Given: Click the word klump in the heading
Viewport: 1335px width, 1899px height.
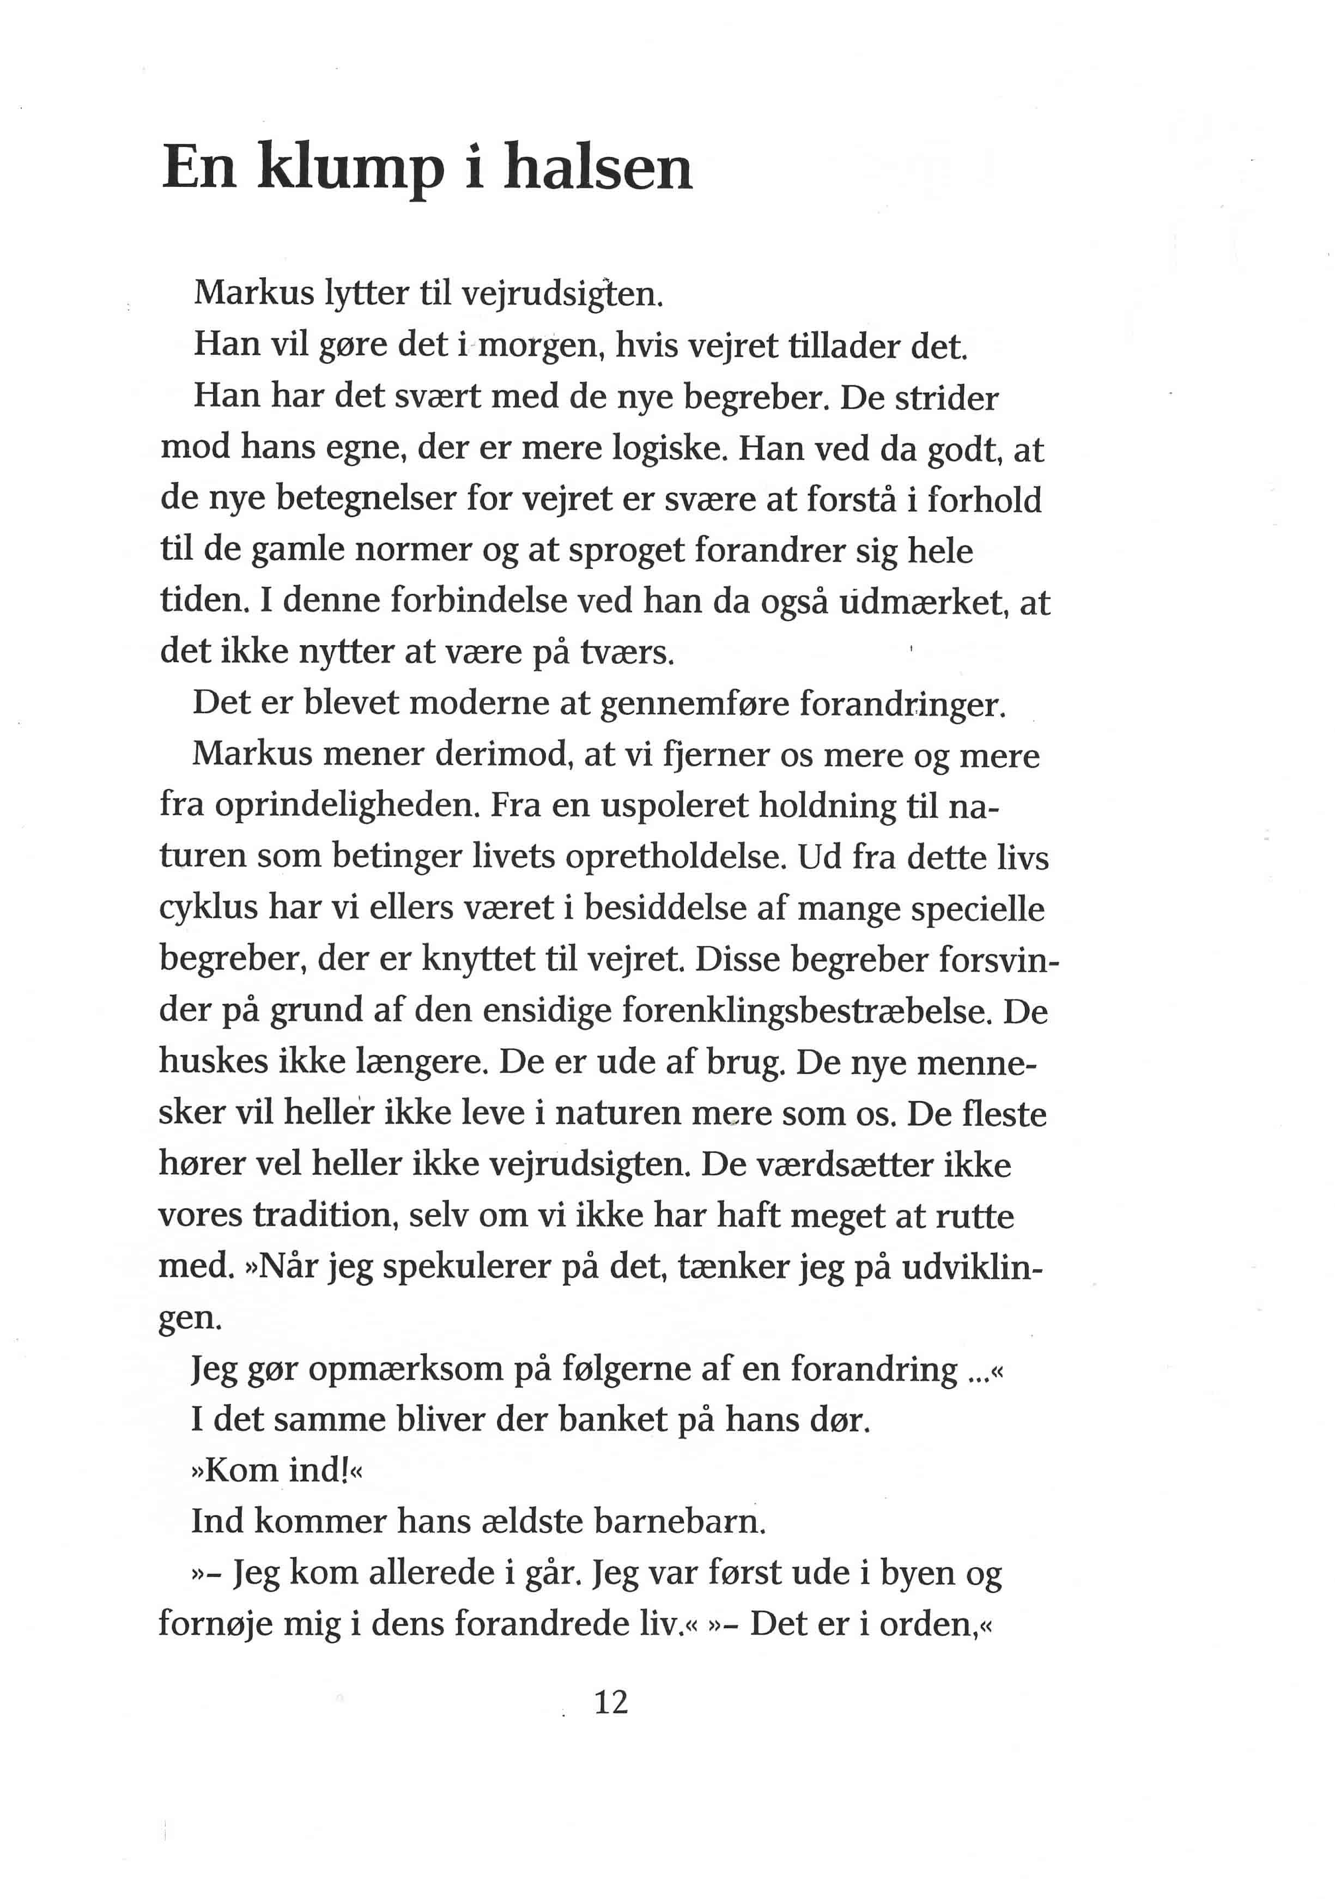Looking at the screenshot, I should pos(351,169).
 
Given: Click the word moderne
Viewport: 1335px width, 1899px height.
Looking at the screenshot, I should pos(480,703).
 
